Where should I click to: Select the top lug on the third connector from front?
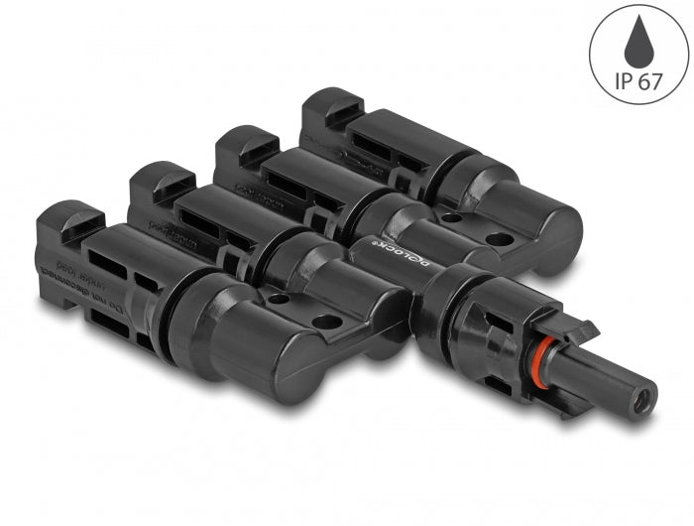coord(238,141)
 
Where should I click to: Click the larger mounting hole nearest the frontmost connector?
coord(323,321)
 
